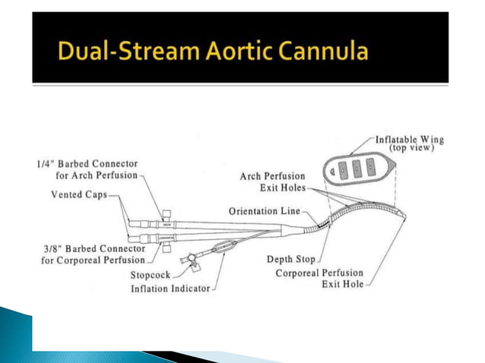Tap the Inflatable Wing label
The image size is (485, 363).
(x=410, y=140)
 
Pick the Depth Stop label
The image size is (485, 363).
(x=291, y=260)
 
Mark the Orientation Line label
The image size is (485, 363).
(x=264, y=210)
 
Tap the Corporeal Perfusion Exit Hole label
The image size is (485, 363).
(x=319, y=279)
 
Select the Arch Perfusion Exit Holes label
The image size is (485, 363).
(x=271, y=181)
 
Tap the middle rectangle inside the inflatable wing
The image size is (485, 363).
(x=353, y=167)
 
